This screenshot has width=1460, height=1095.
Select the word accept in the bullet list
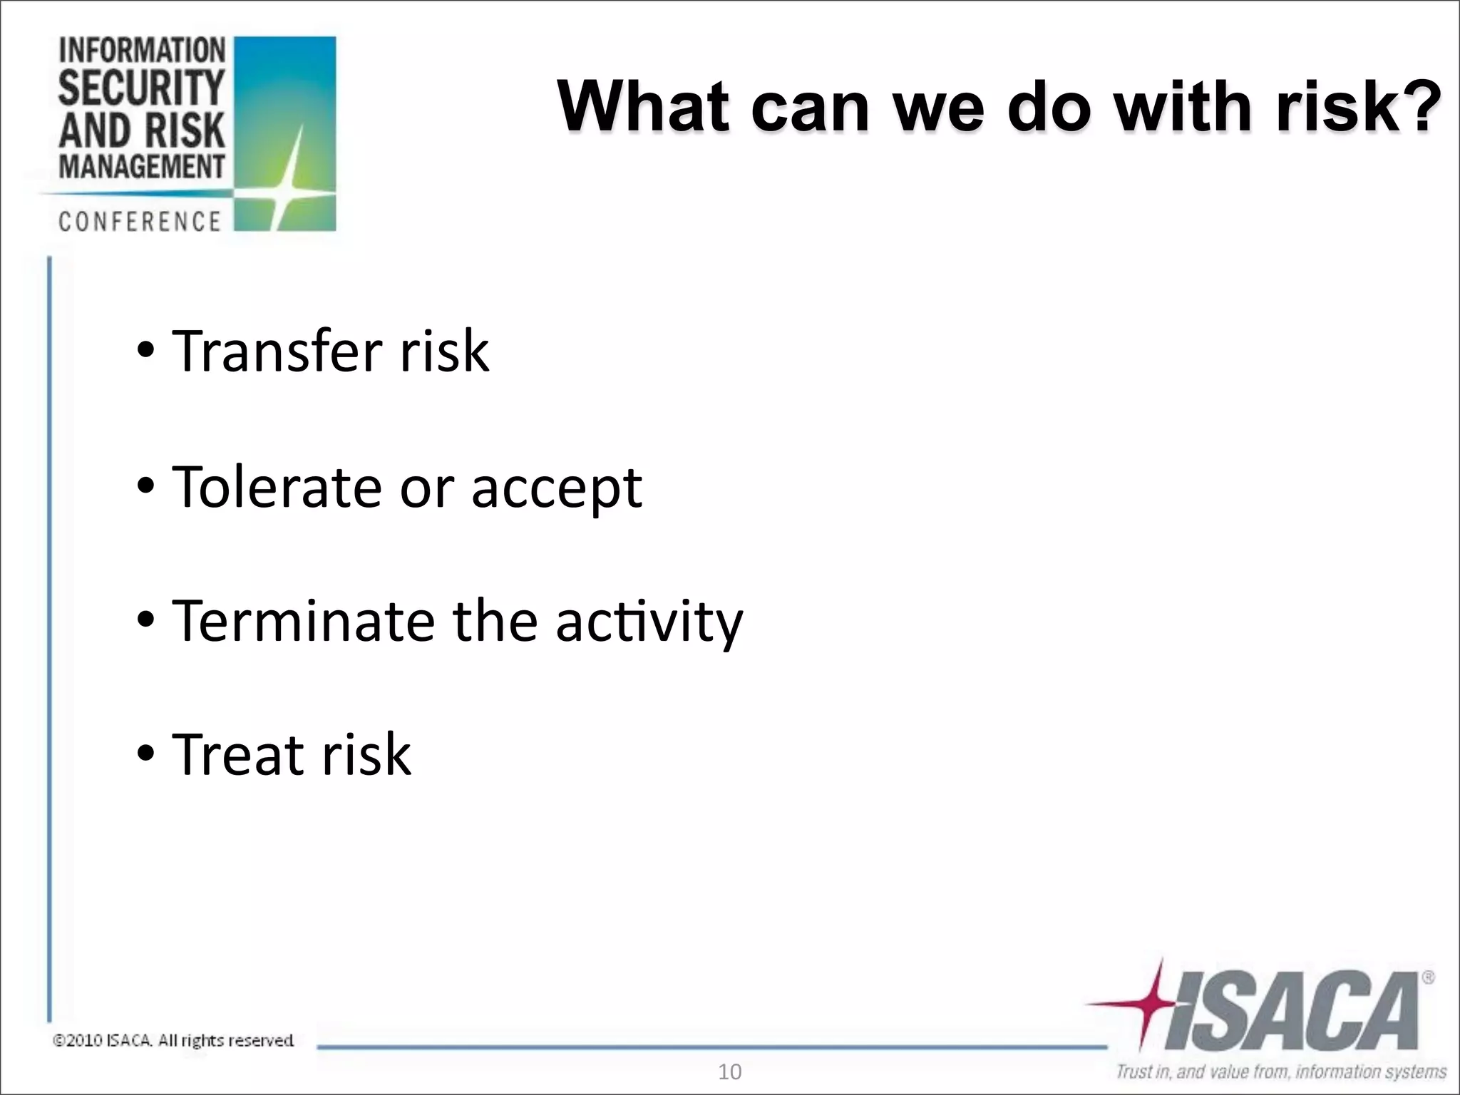click(x=556, y=489)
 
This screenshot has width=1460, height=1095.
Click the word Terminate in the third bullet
click(x=303, y=621)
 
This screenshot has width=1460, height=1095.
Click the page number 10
click(x=729, y=1072)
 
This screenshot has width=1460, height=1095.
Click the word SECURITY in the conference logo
click(x=141, y=88)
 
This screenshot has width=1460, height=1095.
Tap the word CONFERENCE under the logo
click(x=140, y=222)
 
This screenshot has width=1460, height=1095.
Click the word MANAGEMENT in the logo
click(x=141, y=167)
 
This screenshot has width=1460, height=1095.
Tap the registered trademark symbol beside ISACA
click(x=1429, y=979)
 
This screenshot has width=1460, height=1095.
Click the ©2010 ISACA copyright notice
click(x=173, y=1041)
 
